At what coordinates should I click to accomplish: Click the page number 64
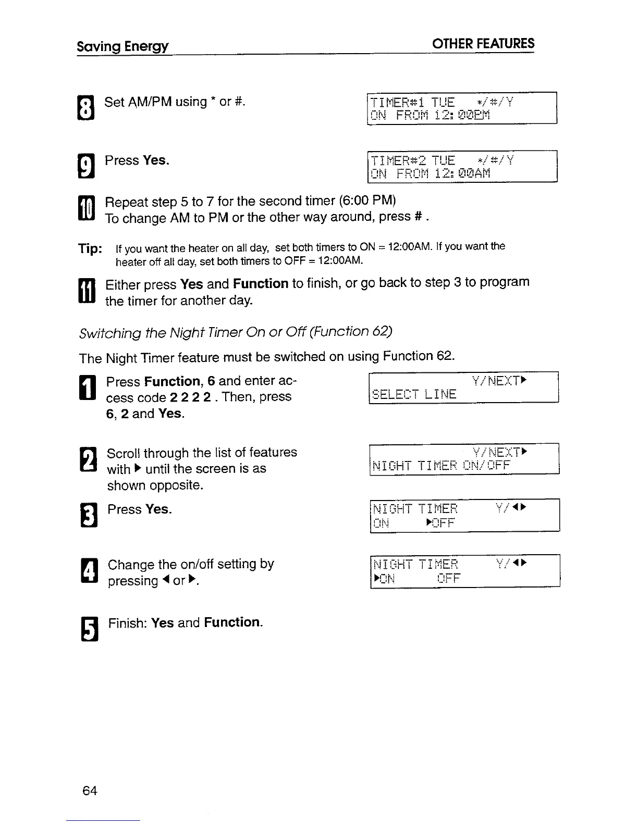coord(90,791)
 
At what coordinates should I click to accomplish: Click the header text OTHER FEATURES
coord(483,44)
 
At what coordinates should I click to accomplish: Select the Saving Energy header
coord(122,46)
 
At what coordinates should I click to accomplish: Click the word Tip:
coord(90,249)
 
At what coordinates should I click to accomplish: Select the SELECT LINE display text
coord(414,394)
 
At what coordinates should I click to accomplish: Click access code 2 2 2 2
coord(190,397)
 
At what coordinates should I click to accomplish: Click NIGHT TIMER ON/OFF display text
coord(441,465)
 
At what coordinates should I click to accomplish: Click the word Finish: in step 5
coord(128,623)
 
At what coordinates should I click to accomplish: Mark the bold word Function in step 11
coord(261,284)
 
